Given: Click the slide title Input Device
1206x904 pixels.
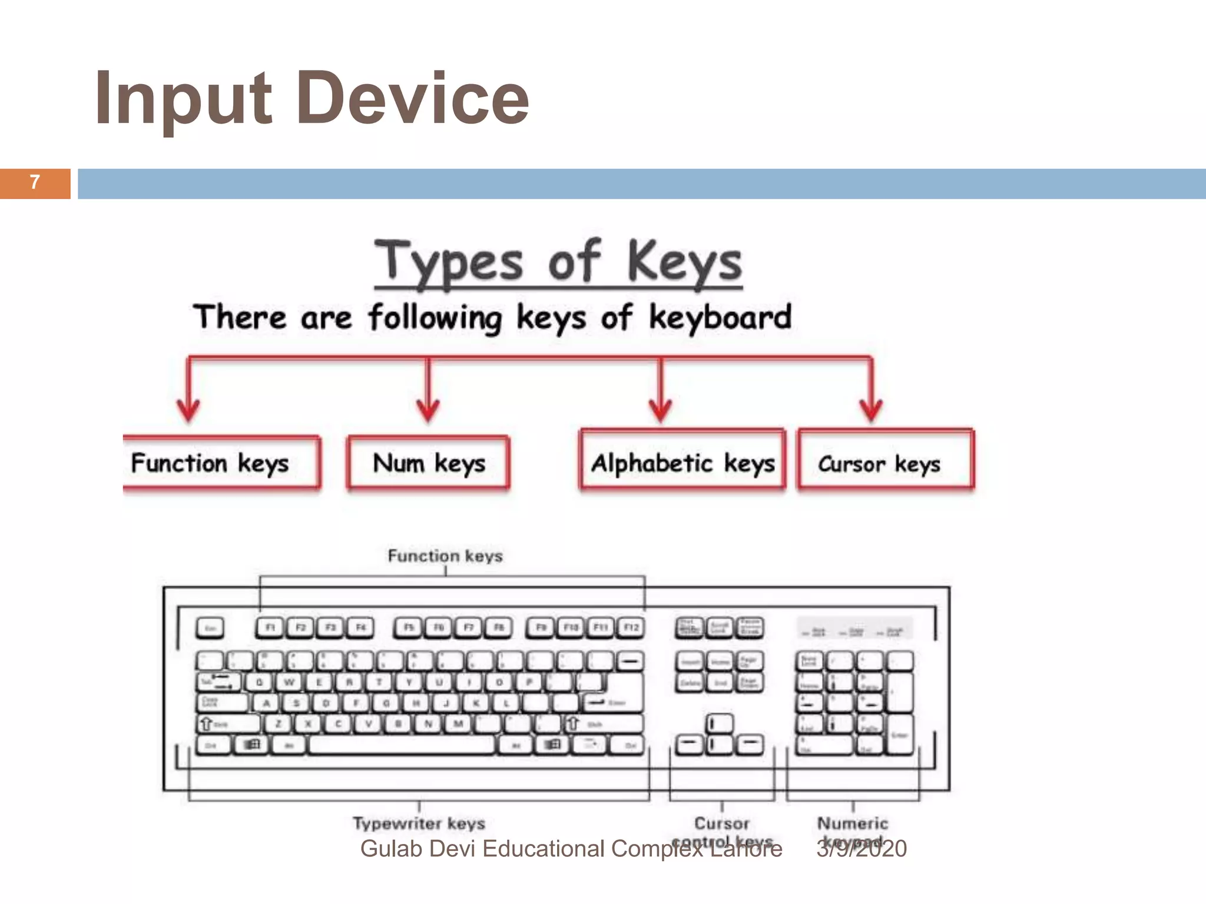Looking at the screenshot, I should tap(312, 98).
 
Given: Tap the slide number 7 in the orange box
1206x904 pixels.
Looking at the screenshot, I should tap(35, 182).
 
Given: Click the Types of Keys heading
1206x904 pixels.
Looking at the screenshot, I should tap(558, 262).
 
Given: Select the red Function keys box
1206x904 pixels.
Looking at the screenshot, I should tap(221, 463).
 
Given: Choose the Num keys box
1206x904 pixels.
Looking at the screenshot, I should tap(428, 463).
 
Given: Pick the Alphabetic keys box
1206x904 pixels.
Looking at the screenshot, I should tap(682, 463).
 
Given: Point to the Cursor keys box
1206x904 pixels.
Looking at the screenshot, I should tap(885, 463).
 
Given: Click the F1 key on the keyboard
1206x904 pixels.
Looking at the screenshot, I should tap(270, 627).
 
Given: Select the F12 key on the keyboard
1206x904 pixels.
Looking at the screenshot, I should tap(631, 627).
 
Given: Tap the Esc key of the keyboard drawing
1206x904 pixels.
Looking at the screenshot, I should tap(210, 628).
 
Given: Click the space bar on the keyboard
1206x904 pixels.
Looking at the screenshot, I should tap(402, 745).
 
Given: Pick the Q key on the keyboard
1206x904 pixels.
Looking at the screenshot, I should tap(259, 683).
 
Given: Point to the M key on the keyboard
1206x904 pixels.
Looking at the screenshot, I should tap(458, 724).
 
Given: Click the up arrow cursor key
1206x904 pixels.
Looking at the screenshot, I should tap(719, 723).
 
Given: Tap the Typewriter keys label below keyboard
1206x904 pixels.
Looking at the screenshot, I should tap(419, 823).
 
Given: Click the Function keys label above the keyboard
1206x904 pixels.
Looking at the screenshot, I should tap(445, 556).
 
